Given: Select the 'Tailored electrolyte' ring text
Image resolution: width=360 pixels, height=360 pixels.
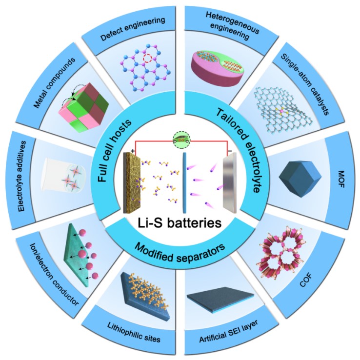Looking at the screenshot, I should [x=249, y=146].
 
